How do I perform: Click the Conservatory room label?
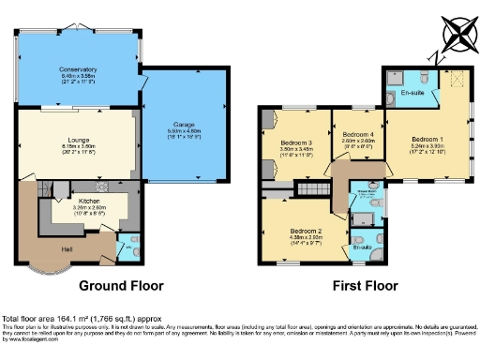(78, 69)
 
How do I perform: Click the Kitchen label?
(89, 202)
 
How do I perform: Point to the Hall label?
(68, 250)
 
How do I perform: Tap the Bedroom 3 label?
(296, 142)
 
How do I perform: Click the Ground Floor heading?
(120, 285)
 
